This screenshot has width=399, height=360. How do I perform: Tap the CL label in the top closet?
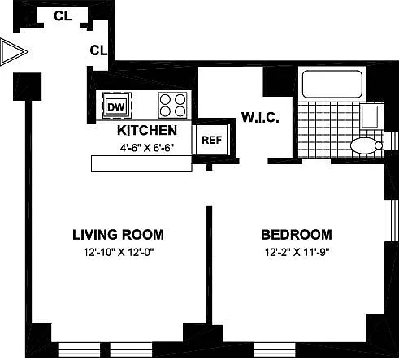pos(61,15)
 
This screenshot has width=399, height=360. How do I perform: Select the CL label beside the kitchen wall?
pos(98,50)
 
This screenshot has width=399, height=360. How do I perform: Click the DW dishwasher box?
pos(115,105)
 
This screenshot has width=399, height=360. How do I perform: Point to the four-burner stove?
pos(171,105)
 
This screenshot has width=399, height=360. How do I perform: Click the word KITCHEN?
pos(146,131)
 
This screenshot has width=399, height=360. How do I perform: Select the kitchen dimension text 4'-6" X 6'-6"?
pos(146,148)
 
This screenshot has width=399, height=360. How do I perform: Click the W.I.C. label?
pos(260,119)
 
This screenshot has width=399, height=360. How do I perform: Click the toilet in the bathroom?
pos(364,146)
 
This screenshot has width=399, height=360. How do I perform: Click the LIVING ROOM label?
pos(118,235)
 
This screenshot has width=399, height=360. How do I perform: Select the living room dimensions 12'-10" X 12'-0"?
pos(118,252)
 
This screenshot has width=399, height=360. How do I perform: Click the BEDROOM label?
pos(296,235)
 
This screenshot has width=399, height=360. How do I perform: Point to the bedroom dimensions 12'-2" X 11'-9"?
pos(296,252)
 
